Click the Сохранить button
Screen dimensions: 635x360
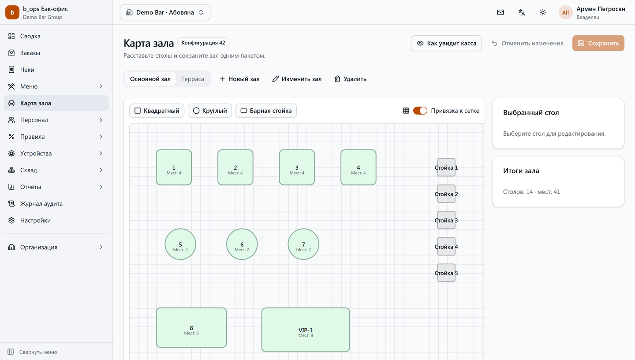[598, 43]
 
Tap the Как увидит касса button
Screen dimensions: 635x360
[446, 43]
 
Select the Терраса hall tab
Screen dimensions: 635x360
[192, 79]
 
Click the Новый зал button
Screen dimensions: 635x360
[239, 79]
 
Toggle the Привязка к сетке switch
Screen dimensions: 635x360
[420, 111]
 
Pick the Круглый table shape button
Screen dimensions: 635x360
[210, 111]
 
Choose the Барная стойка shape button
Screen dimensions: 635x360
[266, 111]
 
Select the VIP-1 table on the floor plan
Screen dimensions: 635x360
[306, 330]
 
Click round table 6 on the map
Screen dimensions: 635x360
[242, 244]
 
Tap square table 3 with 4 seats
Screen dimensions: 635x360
[297, 167]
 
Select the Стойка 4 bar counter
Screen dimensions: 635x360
[446, 246]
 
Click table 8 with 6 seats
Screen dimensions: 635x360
[191, 327]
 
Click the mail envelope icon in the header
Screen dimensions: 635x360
[501, 12]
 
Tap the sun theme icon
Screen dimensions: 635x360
[542, 12]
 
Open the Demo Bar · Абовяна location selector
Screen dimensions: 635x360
[165, 12]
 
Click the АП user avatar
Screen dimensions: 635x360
[565, 12]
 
